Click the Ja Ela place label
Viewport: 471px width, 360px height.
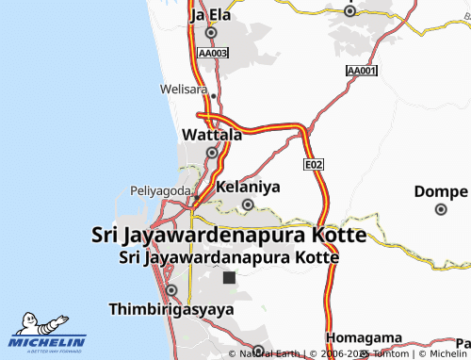(210, 15)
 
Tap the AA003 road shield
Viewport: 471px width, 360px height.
(213, 54)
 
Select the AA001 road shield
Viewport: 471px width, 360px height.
(362, 72)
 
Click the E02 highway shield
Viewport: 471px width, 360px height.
(314, 164)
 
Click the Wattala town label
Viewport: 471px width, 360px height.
(211, 135)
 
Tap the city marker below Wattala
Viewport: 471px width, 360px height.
(212, 153)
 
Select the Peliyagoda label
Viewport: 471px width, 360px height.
(160, 190)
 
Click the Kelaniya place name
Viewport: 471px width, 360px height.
(249, 188)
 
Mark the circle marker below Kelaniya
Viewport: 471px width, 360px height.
(249, 205)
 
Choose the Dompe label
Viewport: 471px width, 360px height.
(440, 191)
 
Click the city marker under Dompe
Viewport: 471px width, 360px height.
(440, 209)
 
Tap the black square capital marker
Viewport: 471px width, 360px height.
(229, 278)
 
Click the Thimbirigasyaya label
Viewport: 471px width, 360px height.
(171, 308)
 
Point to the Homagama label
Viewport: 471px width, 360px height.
(364, 338)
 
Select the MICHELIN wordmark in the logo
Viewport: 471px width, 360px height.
(47, 342)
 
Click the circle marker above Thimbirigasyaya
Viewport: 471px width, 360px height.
(171, 290)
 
